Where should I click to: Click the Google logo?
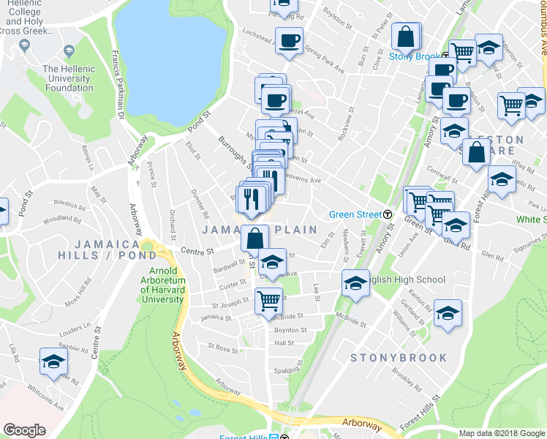(x=24, y=430)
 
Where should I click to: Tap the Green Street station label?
(x=355, y=214)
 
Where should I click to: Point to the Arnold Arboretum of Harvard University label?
(x=162, y=285)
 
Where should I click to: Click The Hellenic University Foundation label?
(x=69, y=78)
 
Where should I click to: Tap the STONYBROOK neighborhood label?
(x=399, y=358)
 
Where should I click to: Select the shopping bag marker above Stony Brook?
(x=406, y=37)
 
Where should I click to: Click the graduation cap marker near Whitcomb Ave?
(x=53, y=362)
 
